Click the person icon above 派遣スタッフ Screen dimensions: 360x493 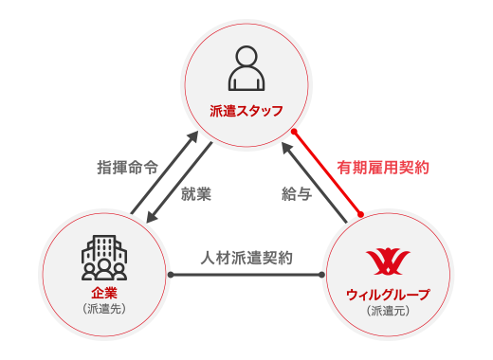[246, 69]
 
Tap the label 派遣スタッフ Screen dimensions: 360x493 [246, 111]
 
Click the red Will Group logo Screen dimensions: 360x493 [386, 261]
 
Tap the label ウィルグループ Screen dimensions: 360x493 [386, 295]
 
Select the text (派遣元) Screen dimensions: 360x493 [386, 311]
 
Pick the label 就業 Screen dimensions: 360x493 [195, 195]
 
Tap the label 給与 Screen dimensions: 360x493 [296, 195]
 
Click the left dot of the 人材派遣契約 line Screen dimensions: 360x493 [172, 275]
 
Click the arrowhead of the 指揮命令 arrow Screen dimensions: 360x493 [206, 138]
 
